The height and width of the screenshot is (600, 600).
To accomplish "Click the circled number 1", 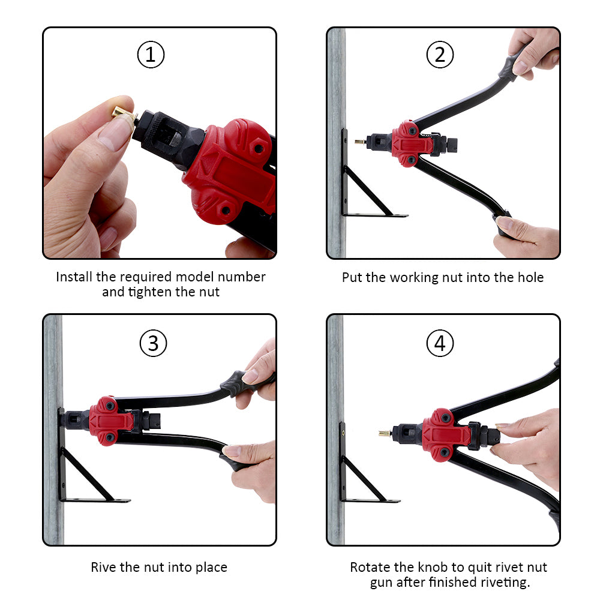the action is coord(151,55).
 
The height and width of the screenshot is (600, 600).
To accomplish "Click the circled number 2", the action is coord(440,55).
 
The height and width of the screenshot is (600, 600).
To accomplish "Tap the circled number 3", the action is coord(153,343).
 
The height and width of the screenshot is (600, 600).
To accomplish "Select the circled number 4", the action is coord(440,343).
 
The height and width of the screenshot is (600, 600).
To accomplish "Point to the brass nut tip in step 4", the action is coord(385,434).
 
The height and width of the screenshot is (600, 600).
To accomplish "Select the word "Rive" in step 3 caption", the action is coord(103,567).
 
